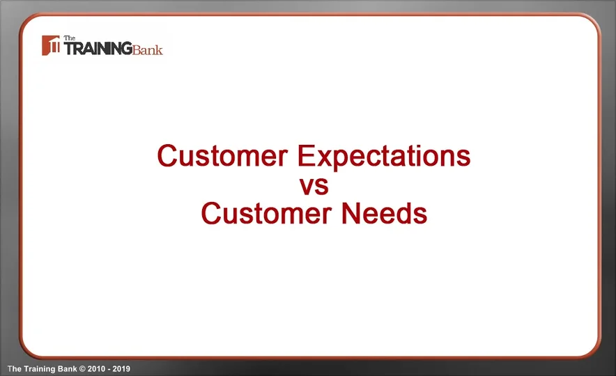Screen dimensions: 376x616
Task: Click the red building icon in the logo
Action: pyautogui.click(x=51, y=46)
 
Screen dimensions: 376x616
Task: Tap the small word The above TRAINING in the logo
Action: pyautogui.click(x=69, y=38)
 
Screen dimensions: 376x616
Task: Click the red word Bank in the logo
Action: pyautogui.click(x=148, y=49)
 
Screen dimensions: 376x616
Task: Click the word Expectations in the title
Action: pyautogui.click(x=384, y=157)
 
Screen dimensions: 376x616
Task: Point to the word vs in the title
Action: pyautogui.click(x=314, y=186)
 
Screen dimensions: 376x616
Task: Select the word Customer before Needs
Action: pyautogui.click(x=265, y=213)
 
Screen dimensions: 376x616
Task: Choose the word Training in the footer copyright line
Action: pyautogui.click(x=40, y=368)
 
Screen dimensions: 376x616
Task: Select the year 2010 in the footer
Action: pyautogui.click(x=97, y=368)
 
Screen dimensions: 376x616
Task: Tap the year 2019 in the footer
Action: pyautogui.click(x=122, y=368)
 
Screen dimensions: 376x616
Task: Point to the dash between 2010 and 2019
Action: pyautogui.click(x=109, y=368)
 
